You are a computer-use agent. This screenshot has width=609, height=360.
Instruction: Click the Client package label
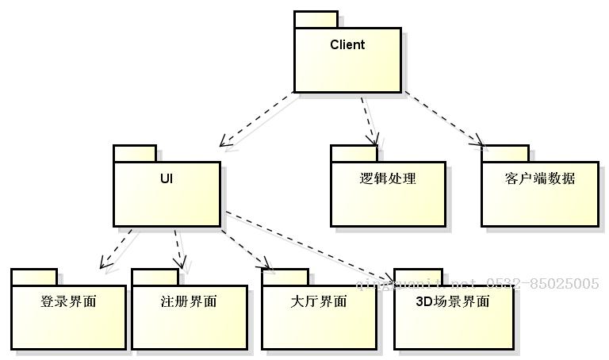tap(347, 45)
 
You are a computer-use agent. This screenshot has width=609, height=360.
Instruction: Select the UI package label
tap(166, 178)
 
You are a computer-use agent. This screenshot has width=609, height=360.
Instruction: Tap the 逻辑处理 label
tap(387, 178)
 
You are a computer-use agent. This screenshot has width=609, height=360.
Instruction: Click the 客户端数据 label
tap(539, 178)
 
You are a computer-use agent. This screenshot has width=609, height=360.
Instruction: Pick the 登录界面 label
tap(68, 302)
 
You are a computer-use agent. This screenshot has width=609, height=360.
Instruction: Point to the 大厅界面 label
tap(318, 302)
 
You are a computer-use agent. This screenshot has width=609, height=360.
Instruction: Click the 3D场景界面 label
tap(452, 302)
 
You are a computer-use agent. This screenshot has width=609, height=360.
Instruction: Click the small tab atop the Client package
tap(316, 20)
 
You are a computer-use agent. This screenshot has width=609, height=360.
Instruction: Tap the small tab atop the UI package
tap(135, 153)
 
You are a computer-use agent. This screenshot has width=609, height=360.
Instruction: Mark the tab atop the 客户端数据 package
tap(504, 153)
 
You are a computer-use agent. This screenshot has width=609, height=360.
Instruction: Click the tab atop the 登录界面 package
tap(34, 276)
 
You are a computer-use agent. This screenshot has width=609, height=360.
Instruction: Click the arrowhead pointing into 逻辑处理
tap(373, 142)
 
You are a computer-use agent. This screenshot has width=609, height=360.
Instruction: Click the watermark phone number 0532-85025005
tap(549, 283)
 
